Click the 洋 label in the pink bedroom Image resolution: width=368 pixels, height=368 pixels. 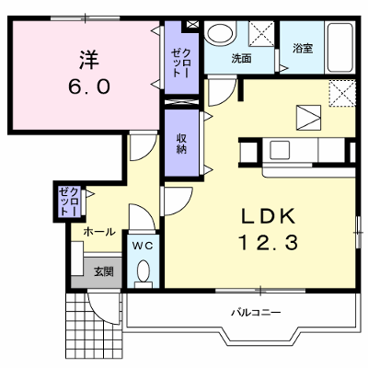[x=89, y=59]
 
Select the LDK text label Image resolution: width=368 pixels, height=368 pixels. [x=269, y=216]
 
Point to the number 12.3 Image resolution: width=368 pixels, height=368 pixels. [x=269, y=242]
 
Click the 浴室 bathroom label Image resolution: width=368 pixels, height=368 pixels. [x=303, y=49]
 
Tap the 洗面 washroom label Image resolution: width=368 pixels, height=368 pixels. [x=242, y=58]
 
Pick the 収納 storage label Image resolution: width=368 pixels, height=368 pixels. [x=182, y=144]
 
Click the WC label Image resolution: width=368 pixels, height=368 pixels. [x=143, y=246]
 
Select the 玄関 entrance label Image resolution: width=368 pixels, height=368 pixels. [x=104, y=271]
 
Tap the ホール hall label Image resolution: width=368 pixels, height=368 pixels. [x=99, y=232]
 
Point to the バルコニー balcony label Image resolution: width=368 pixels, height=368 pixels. [x=256, y=313]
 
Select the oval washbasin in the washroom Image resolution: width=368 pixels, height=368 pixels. [x=219, y=32]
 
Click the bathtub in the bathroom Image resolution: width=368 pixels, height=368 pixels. [x=339, y=48]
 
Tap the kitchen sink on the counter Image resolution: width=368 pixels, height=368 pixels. [x=280, y=150]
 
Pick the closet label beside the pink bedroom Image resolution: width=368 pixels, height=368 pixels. [x=181, y=63]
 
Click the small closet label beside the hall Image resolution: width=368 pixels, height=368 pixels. [x=71, y=201]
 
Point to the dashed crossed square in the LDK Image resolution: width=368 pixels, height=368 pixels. [x=342, y=93]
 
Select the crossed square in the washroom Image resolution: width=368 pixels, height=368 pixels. [x=261, y=34]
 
